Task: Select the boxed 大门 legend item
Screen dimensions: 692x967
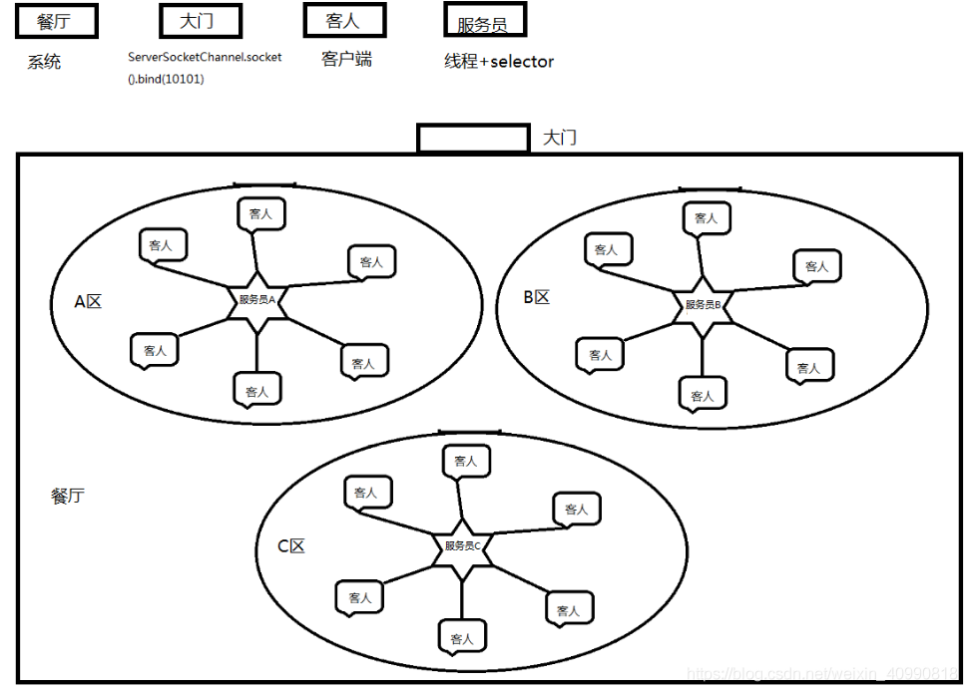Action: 200,20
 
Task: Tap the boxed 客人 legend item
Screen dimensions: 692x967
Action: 343,20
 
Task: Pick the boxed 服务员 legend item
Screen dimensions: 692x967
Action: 484,21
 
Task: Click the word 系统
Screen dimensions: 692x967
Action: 44,62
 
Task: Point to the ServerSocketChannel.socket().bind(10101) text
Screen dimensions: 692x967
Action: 204,67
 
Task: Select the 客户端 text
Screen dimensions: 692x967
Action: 347,60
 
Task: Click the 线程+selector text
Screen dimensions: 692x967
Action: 498,62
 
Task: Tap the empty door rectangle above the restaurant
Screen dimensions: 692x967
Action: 472,138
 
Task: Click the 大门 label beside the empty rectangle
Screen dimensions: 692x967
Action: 560,138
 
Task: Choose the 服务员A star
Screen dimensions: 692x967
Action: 257,299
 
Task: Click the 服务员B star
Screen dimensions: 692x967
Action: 703,304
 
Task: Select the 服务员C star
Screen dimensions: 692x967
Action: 462,546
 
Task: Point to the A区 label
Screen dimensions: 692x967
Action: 89,301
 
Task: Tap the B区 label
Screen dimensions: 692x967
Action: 536,297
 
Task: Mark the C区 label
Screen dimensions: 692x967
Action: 290,545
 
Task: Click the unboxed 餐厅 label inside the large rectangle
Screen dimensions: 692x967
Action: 68,496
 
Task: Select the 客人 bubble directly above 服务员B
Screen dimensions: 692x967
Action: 706,217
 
